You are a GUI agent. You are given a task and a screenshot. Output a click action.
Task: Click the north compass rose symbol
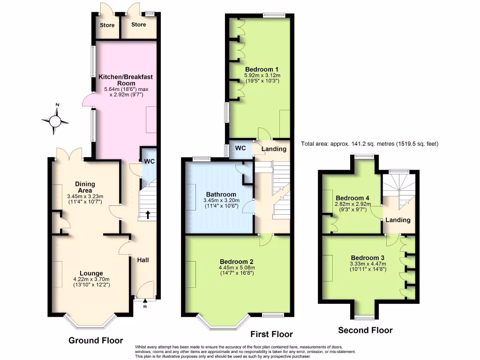(55, 121)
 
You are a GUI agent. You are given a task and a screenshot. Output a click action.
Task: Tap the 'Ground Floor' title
(96, 340)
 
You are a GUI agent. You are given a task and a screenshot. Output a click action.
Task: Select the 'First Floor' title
(271, 334)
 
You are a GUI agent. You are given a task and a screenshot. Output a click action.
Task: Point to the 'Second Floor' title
(365, 330)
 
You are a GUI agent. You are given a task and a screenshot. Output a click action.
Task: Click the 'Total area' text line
(369, 144)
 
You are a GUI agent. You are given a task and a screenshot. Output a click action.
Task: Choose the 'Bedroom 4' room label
(353, 198)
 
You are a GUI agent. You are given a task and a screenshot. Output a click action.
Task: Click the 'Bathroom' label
(221, 194)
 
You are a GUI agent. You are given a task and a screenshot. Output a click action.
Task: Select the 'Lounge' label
(91, 273)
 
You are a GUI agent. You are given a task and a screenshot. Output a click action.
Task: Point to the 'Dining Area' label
(85, 187)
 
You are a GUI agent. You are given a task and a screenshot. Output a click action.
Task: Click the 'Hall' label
(142, 259)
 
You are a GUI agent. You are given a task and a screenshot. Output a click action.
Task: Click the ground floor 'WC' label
(149, 161)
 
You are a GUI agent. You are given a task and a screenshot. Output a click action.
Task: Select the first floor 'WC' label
(240, 148)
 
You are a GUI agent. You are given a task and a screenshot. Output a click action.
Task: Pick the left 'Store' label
(107, 25)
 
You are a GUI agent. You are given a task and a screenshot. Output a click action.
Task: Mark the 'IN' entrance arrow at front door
(145, 304)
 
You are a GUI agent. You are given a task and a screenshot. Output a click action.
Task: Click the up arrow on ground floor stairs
(148, 215)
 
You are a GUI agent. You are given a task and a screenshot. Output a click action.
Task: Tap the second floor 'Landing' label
(398, 220)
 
